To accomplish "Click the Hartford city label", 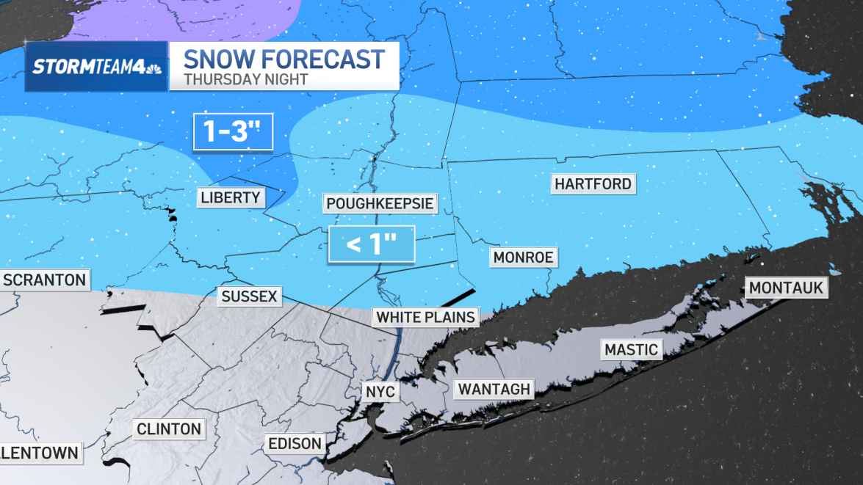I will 593,183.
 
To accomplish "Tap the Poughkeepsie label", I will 380,203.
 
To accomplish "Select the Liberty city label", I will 230,197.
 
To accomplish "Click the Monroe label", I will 522,258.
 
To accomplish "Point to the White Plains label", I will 425,317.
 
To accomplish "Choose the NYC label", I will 380,392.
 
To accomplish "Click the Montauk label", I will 786,288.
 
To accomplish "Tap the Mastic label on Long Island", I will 631,349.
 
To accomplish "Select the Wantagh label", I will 494,389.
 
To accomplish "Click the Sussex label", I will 249,296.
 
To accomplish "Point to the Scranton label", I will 44,280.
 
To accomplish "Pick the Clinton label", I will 168,429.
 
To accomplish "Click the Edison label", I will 295,444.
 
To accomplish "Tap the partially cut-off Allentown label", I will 40,453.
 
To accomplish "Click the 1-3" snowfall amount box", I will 234,132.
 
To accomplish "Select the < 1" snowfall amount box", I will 372,244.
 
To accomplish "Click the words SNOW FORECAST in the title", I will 284,59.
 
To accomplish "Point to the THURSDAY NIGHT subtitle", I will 245,79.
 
